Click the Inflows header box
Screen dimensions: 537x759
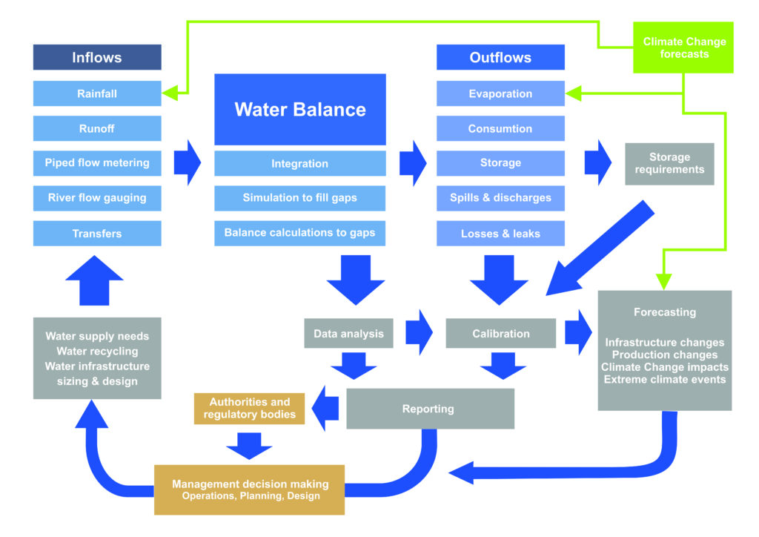(97, 58)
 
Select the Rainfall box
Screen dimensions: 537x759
(97, 94)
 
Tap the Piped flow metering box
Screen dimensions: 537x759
(97, 163)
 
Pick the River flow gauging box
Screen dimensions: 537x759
(97, 198)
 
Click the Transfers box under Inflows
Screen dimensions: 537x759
(97, 234)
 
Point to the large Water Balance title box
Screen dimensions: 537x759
(300, 110)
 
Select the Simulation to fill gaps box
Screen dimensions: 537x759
(300, 198)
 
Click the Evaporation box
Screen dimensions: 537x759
(500, 94)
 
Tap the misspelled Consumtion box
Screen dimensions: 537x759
(500, 129)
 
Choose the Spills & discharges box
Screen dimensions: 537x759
(500, 198)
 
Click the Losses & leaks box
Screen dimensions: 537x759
(500, 234)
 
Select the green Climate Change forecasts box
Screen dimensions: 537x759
(683, 48)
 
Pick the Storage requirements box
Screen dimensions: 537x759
(669, 164)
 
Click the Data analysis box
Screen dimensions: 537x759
(348, 334)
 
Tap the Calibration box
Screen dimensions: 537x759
(501, 334)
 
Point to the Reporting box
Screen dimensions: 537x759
(430, 409)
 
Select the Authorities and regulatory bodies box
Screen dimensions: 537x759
(250, 409)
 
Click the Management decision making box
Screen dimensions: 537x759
(250, 490)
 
